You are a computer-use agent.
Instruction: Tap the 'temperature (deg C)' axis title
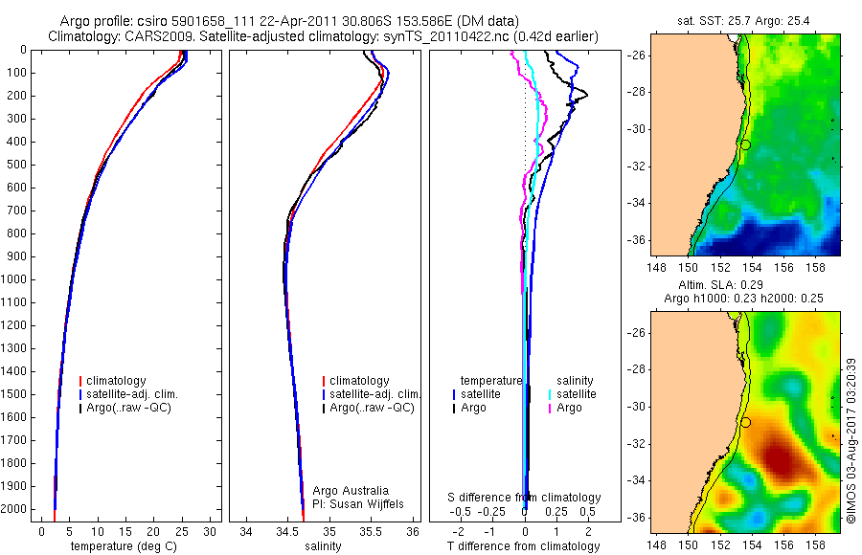(124, 546)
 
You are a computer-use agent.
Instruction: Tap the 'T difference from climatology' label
(523, 546)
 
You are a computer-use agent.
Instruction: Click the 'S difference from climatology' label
(524, 498)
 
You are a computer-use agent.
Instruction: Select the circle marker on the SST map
(744, 144)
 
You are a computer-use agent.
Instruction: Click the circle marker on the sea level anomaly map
(744, 422)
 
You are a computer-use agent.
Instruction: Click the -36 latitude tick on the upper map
(637, 239)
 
